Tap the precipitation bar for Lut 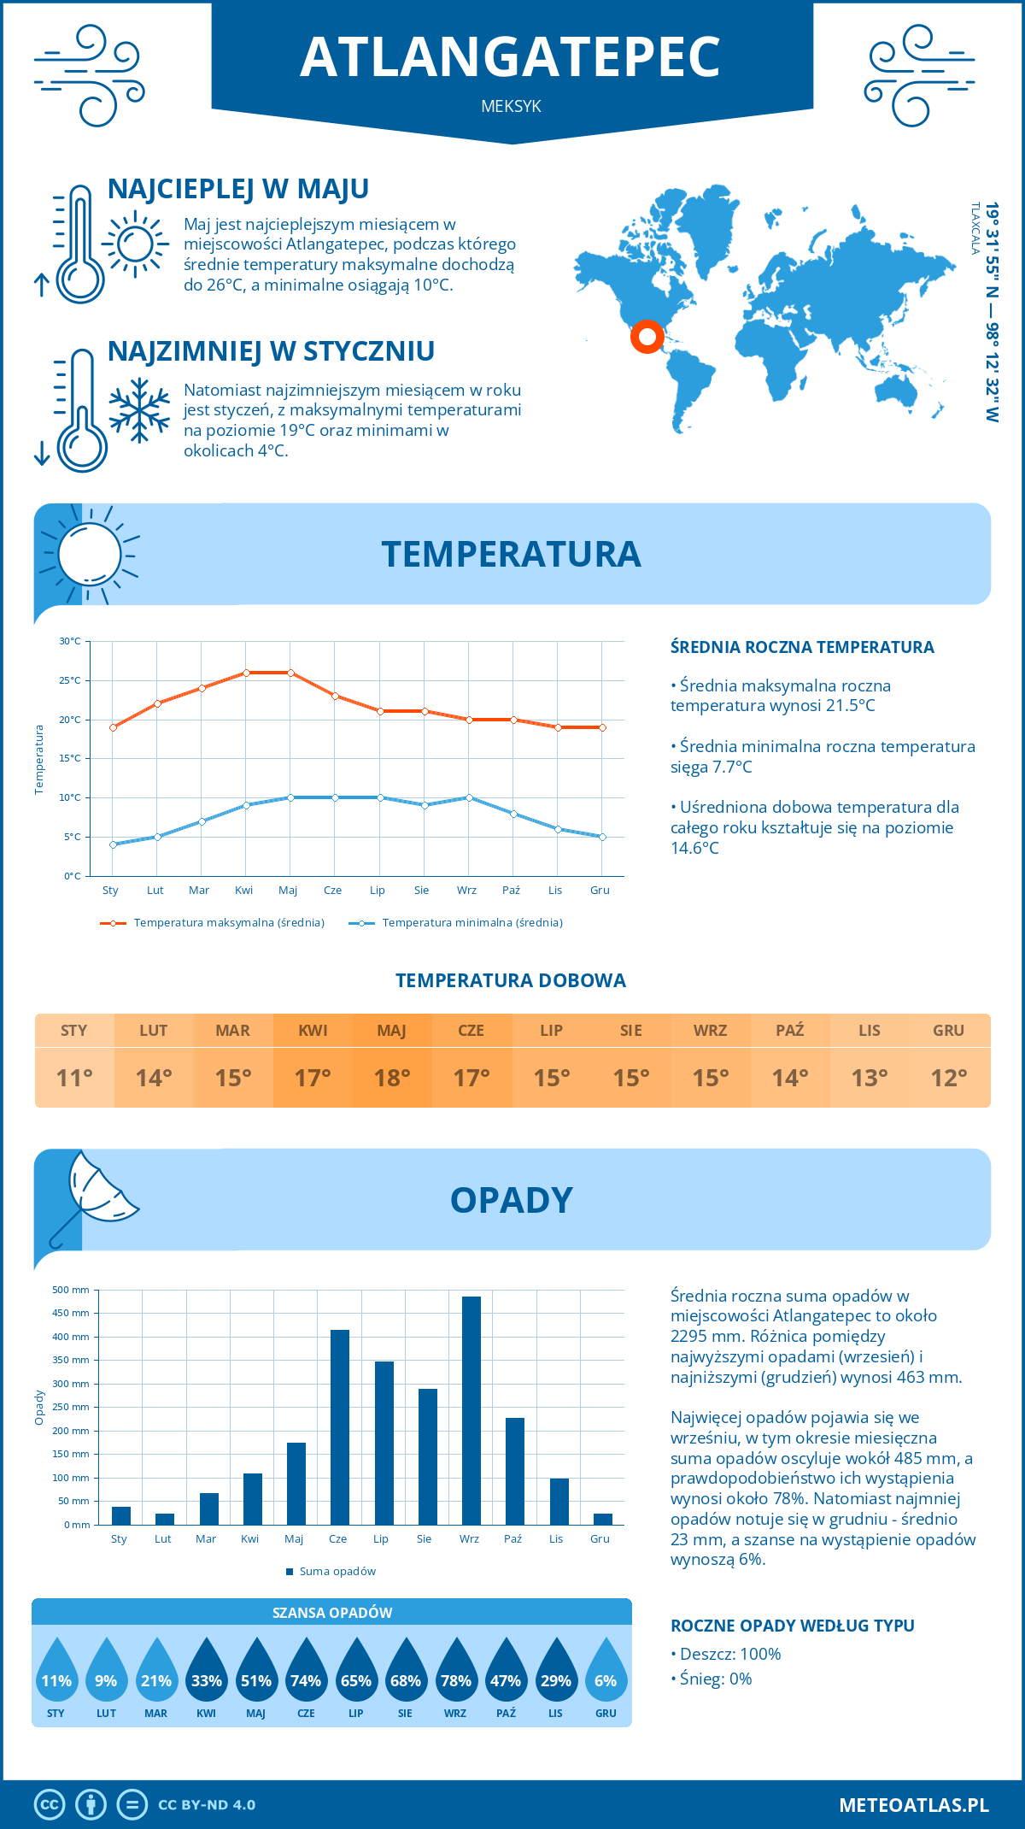[x=165, y=1519]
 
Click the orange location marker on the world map [x=647, y=336]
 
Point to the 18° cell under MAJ [x=392, y=1078]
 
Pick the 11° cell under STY [x=74, y=1078]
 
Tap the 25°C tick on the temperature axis [x=70, y=680]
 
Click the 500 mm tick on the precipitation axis [x=72, y=1290]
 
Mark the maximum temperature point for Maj [x=291, y=673]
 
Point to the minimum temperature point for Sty [x=113, y=844]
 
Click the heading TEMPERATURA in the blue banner [x=511, y=554]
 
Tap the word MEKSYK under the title [x=511, y=106]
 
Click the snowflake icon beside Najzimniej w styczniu [x=139, y=410]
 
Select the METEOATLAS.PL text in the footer [x=914, y=1805]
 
